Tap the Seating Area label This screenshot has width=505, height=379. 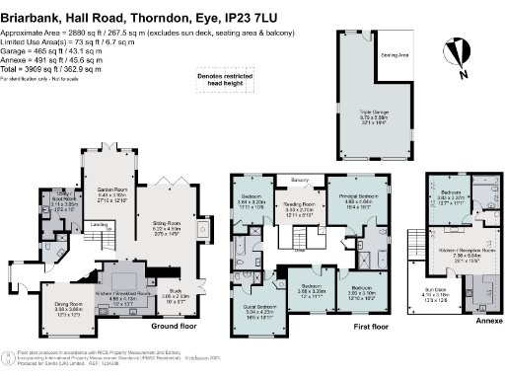pyautogui.click(x=396, y=56)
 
